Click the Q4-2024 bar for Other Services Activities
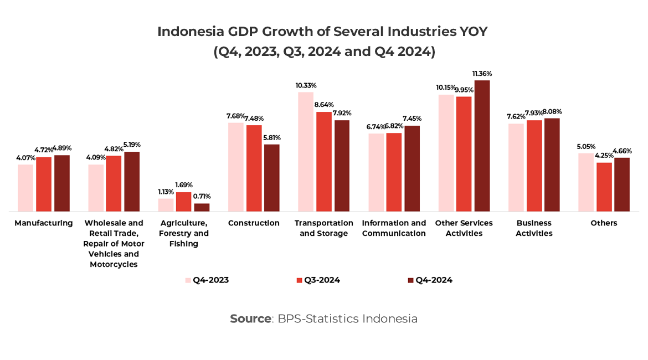pyautogui.click(x=482, y=146)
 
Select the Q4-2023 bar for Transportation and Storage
pyautogui.click(x=306, y=152)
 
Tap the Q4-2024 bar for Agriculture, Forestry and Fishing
pyautogui.click(x=202, y=207)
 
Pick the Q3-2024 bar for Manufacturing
pyautogui.click(x=44, y=184)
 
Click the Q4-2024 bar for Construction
pyautogui.click(x=271, y=178)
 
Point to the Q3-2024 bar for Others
pyautogui.click(x=604, y=187)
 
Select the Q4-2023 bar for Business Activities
pyautogui.click(x=516, y=167)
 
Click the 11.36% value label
pyautogui.click(x=482, y=74)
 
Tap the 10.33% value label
pyautogui.click(x=306, y=86)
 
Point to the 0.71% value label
pyautogui.click(x=201, y=196)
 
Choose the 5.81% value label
pyautogui.click(x=272, y=137)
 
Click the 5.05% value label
pyautogui.click(x=586, y=147)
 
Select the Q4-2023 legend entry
pyautogui.click(x=207, y=280)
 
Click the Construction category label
pyautogui.click(x=254, y=223)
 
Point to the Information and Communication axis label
pyautogui.click(x=394, y=228)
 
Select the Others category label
pyautogui.click(x=604, y=223)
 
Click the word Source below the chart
pyautogui.click(x=250, y=319)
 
